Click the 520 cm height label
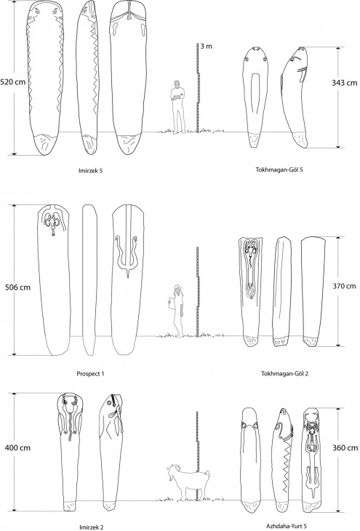(x=12, y=82)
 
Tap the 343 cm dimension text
(x=345, y=83)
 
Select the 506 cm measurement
(x=17, y=287)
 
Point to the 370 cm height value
(x=344, y=286)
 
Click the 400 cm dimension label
(x=17, y=447)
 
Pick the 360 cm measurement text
(x=345, y=447)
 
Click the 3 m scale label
(x=207, y=46)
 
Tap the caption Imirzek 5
(x=90, y=171)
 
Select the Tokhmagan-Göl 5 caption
(x=279, y=169)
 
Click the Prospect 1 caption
(x=90, y=374)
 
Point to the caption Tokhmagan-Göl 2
(x=284, y=374)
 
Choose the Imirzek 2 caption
(x=91, y=527)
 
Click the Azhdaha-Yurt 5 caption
(x=287, y=526)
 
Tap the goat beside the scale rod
(x=188, y=482)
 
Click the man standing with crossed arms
(x=177, y=107)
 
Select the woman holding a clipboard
(x=177, y=311)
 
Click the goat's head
(x=172, y=471)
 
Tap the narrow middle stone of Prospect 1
(x=89, y=280)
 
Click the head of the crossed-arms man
(x=177, y=84)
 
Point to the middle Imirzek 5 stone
(x=87, y=77)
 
